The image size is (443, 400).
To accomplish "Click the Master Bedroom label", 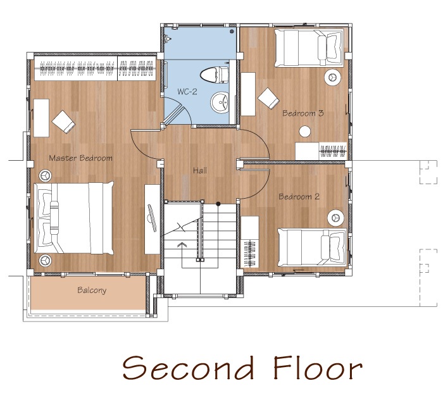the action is [x=80, y=158].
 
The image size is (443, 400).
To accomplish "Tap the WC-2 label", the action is [x=187, y=92].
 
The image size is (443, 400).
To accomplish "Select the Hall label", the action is [x=200, y=170].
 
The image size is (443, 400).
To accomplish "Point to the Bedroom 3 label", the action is [x=303, y=113].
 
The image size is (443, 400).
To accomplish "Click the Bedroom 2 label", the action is [x=299, y=196].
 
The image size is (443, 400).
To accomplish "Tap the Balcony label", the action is [x=92, y=291].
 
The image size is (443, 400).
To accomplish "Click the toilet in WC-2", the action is [x=215, y=75].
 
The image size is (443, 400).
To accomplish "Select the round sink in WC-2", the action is [x=220, y=103].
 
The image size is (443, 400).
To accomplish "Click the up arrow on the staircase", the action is [x=181, y=245].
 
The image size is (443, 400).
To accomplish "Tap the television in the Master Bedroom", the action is [x=152, y=218].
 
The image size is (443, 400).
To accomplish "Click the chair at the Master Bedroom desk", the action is [x=63, y=122].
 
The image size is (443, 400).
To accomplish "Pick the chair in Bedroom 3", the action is [x=268, y=97].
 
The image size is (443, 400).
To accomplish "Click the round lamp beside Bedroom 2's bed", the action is [x=335, y=218].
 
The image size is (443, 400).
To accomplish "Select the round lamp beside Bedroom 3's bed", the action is [x=332, y=77].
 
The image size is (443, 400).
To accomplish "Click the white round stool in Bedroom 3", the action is [x=305, y=132].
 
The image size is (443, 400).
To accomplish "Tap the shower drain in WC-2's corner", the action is [x=232, y=32].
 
